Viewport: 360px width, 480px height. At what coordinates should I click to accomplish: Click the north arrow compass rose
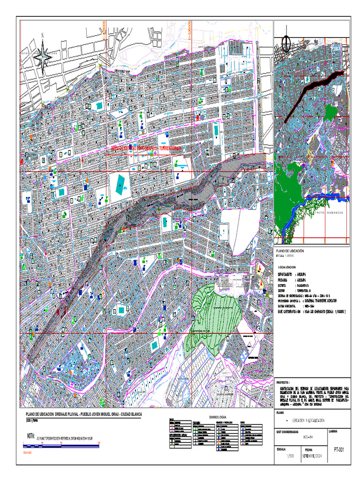[x=43, y=56]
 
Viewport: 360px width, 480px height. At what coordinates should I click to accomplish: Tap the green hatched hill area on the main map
[x=213, y=312]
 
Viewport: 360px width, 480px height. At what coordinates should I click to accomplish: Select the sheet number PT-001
[x=338, y=450]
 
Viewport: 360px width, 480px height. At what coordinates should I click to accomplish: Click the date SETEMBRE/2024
[x=313, y=456]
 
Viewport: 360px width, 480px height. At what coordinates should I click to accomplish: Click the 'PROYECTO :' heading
[x=287, y=382]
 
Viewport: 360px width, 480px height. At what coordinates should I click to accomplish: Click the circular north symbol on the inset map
[x=287, y=45]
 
